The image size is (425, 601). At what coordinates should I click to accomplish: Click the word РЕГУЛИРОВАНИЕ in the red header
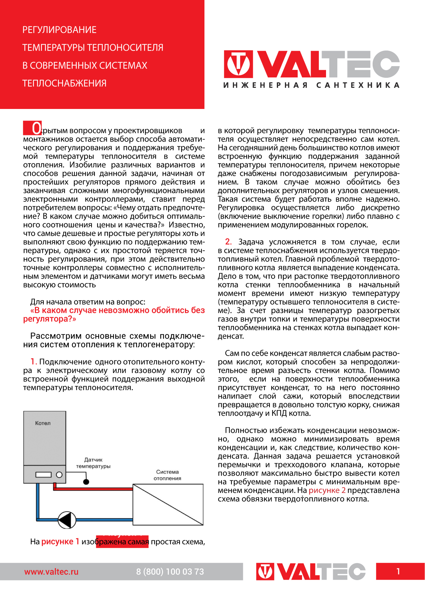coord(59,30)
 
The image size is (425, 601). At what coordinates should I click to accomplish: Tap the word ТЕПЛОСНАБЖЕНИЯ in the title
coord(64,83)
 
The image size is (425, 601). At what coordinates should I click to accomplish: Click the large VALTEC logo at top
coord(312,64)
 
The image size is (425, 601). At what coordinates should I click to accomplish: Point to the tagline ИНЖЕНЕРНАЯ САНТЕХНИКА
coord(311,85)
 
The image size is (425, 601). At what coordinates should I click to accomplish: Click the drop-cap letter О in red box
coord(36,128)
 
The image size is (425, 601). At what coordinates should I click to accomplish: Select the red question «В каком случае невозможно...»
coord(114,315)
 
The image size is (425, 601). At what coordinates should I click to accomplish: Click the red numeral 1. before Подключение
coord(34,361)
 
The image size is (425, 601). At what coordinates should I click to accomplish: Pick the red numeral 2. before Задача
coord(228,242)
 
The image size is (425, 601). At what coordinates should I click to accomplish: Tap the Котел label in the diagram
coord(43,423)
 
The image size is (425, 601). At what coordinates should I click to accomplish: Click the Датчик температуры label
coord(93,463)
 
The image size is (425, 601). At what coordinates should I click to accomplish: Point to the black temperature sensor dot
coord(86,482)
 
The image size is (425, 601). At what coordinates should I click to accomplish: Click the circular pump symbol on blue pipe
coord(67,520)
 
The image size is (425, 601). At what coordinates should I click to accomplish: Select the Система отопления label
coord(167,475)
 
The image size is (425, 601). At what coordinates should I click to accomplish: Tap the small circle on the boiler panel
coord(59,475)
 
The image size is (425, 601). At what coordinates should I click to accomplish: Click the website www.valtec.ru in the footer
coord(51,572)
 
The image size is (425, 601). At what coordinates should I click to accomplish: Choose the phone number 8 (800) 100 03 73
coord(170,572)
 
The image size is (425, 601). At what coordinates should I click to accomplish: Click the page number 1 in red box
coord(398,571)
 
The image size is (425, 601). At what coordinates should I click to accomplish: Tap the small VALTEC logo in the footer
coord(311,572)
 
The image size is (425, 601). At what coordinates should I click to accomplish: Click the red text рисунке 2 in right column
coord(327,490)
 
